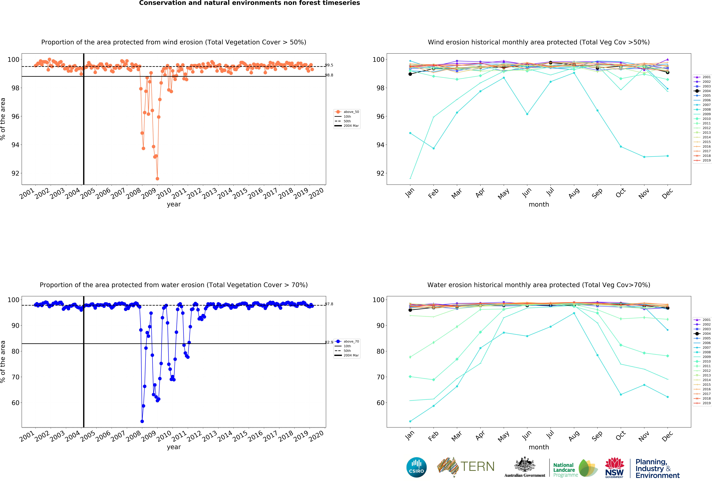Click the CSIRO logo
click(416, 467)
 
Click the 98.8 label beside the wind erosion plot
click(329, 75)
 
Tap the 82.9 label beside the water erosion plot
click(329, 342)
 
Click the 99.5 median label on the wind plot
click(329, 65)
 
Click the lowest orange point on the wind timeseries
click(157, 179)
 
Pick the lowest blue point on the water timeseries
click(142, 421)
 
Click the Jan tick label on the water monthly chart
click(410, 435)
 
